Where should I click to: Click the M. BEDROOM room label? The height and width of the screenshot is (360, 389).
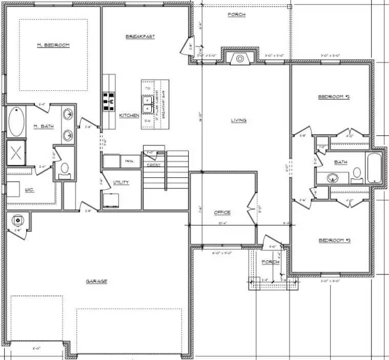coord(53,45)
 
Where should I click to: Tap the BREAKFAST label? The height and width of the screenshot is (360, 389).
coord(140,36)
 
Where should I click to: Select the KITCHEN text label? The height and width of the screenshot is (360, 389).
coord(129,116)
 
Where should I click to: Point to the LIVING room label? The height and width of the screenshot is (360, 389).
coord(238,120)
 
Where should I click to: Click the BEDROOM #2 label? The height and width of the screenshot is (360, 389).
coord(334,97)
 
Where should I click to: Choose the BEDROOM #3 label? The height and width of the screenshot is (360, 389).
coord(334,240)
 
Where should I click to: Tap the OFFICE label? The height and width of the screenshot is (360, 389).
coord(222,212)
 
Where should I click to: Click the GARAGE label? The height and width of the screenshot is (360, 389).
coord(96,281)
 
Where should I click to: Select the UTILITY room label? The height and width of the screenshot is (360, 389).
coord(121,182)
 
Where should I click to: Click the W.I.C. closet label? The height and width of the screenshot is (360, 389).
coord(29,189)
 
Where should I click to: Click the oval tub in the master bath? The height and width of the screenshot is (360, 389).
coord(16,122)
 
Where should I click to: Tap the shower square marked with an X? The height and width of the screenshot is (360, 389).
coord(16,153)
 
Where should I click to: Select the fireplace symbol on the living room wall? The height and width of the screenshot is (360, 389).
coord(240,58)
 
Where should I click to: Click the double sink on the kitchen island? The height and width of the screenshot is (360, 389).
coord(147,105)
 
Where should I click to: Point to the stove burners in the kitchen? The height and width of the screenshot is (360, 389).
coord(109,101)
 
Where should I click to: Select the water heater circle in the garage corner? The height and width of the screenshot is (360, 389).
coord(18,220)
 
